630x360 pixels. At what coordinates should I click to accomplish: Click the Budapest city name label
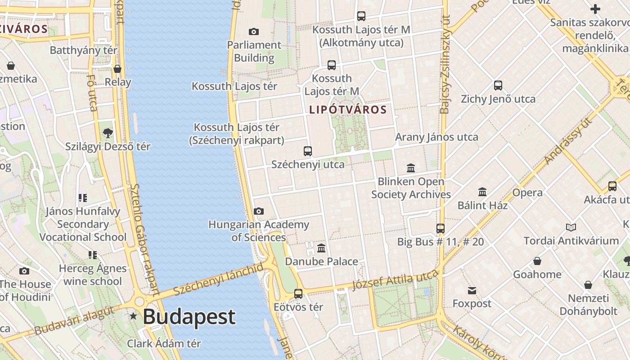[x=189, y=317]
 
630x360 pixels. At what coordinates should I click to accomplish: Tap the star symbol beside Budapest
[x=133, y=316]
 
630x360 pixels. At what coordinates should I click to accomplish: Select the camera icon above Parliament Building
[x=254, y=31]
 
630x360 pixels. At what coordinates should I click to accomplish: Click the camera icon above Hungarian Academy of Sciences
[x=258, y=211]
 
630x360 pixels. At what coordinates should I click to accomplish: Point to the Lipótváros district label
[x=348, y=109]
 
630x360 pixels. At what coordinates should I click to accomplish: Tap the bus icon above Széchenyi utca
[x=308, y=151]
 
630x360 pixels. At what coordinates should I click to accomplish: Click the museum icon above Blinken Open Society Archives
[x=411, y=168]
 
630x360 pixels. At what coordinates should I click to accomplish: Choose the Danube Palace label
[x=321, y=261]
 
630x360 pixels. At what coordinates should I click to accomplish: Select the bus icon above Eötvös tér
[x=298, y=294]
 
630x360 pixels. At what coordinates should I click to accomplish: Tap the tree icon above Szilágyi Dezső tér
[x=108, y=133]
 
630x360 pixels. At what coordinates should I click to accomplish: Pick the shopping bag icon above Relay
[x=117, y=69]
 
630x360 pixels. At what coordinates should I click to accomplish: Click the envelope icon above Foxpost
[x=472, y=290]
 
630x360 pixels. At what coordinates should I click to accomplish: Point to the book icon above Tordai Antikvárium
[x=571, y=227]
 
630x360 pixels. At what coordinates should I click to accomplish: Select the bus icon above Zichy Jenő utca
[x=498, y=85]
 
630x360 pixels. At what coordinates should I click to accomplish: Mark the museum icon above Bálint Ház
[x=482, y=192]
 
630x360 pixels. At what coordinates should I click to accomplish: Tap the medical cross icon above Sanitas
[x=595, y=9]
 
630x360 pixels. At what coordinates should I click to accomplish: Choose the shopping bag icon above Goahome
[x=537, y=261]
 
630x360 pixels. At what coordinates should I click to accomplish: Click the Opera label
[x=527, y=193]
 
